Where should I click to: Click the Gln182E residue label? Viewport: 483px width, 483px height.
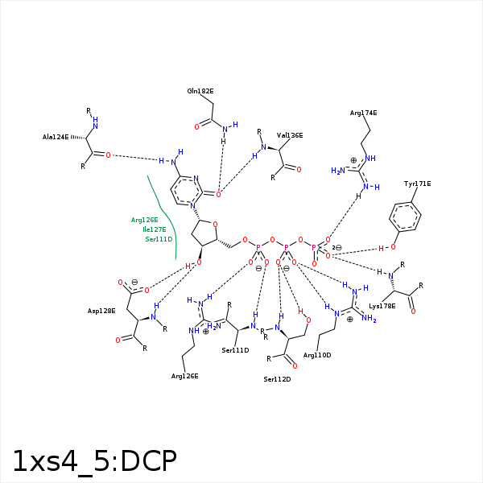(x=200, y=91)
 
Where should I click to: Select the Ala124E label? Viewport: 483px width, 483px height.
(x=56, y=137)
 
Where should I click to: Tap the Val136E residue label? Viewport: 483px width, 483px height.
(x=290, y=135)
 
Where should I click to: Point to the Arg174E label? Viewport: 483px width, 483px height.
(x=363, y=113)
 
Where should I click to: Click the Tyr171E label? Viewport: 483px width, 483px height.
(x=417, y=184)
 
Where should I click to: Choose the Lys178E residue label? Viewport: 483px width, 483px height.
(x=382, y=306)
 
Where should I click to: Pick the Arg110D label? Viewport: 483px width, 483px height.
(x=317, y=355)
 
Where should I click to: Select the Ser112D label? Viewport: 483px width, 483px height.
(x=277, y=379)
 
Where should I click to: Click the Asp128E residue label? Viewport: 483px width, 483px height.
(x=101, y=311)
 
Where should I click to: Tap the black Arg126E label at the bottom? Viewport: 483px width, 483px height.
(x=184, y=376)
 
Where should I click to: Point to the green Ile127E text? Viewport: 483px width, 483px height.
(x=155, y=229)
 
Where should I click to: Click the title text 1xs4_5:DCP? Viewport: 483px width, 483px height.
(x=94, y=460)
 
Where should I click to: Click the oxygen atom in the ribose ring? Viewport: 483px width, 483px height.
(x=215, y=225)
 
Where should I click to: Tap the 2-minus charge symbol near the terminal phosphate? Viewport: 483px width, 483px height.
(x=337, y=247)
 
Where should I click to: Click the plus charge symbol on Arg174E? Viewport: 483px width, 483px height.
(x=353, y=160)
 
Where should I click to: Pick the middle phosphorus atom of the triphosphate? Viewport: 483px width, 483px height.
(x=286, y=247)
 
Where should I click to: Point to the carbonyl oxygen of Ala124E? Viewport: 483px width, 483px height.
(x=108, y=155)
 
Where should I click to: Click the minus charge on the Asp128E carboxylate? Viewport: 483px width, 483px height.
(x=134, y=282)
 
